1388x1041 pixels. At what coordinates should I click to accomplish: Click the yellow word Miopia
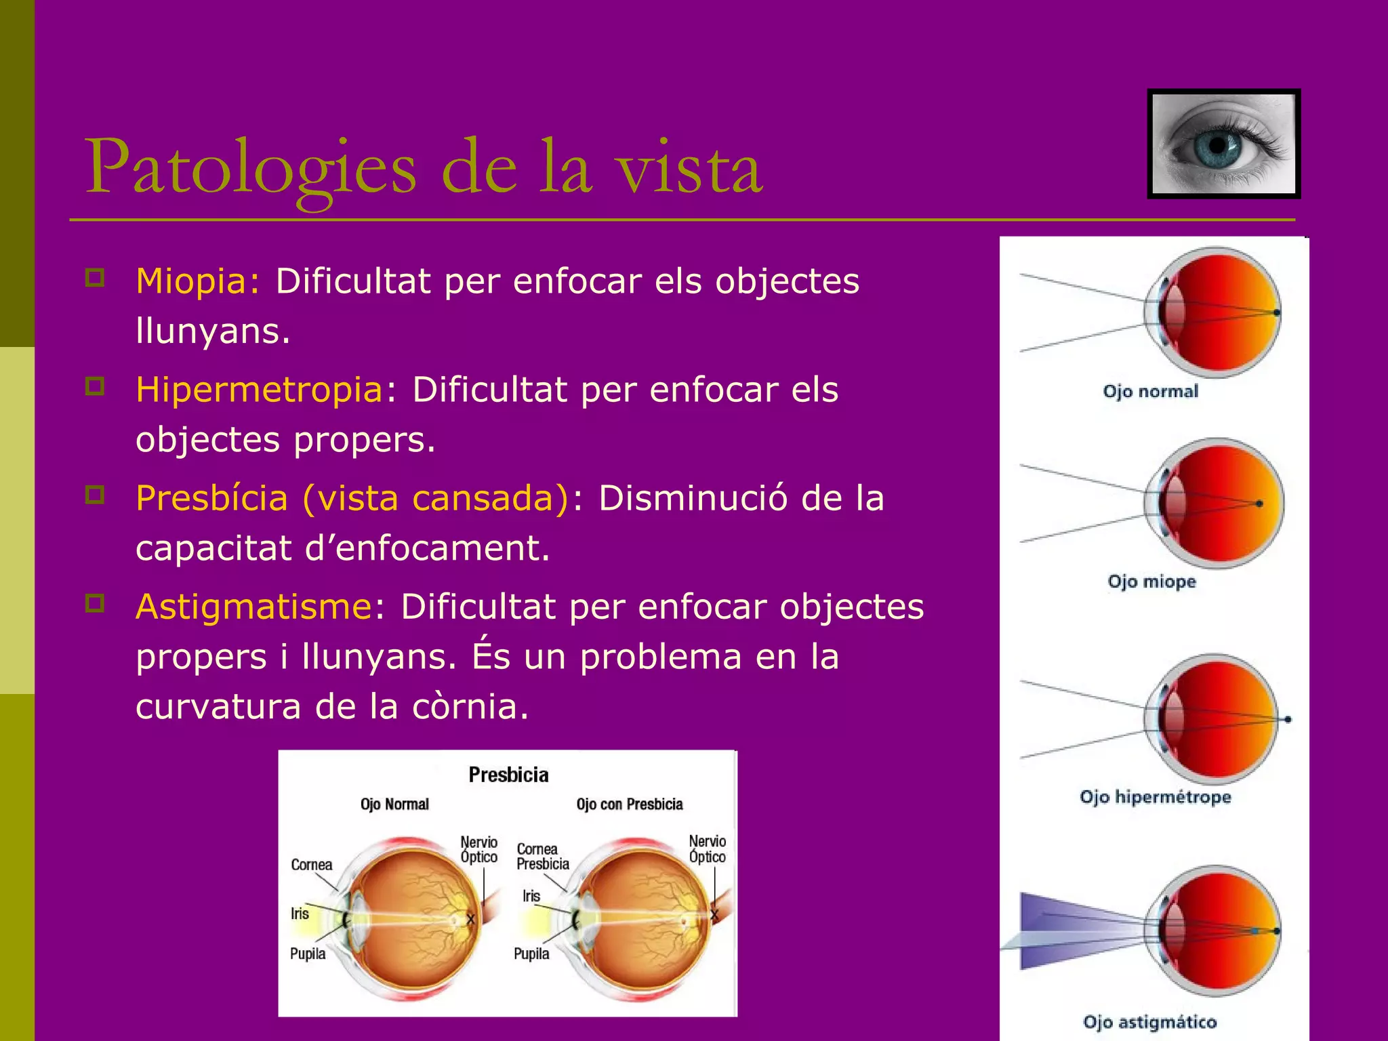(197, 281)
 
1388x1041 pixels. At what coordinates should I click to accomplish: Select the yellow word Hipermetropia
(259, 390)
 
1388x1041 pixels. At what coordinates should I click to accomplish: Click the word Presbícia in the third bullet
(211, 498)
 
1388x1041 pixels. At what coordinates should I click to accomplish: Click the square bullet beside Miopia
(95, 277)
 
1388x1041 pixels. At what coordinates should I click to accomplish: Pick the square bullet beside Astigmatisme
(95, 603)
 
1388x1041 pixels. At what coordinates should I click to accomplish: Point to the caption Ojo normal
(1150, 391)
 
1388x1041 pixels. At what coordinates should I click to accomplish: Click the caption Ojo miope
(1151, 581)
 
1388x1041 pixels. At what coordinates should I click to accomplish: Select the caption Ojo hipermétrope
(1155, 797)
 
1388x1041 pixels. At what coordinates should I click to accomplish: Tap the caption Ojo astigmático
(1149, 1022)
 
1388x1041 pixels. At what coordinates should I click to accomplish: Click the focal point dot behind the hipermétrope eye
(1287, 719)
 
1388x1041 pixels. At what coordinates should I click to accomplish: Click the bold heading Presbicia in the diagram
(508, 775)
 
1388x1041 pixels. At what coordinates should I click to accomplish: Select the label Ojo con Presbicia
(629, 804)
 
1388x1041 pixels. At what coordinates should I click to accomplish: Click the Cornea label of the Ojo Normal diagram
(311, 865)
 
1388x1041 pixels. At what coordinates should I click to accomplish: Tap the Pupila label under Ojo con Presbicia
(531, 954)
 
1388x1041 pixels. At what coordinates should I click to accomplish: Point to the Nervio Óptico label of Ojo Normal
(478, 849)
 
